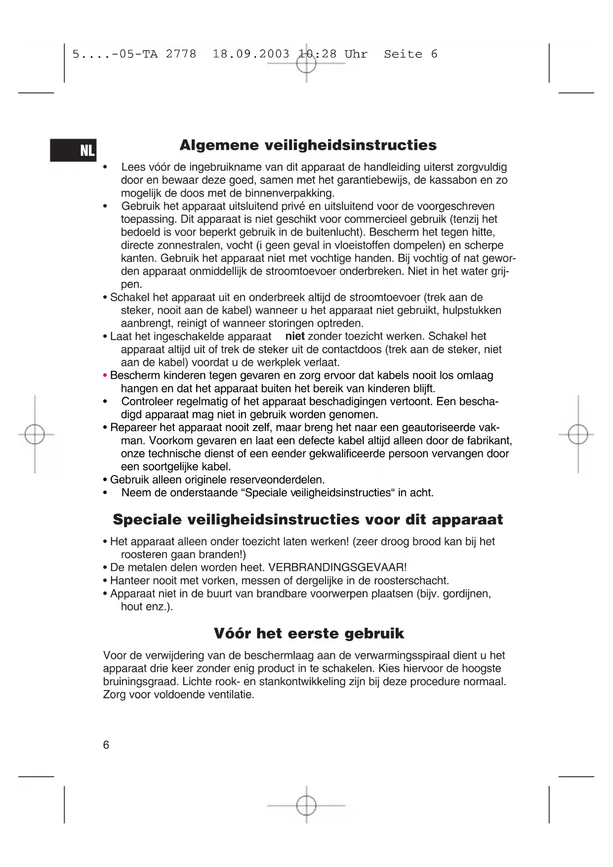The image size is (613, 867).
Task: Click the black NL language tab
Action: click(x=73, y=150)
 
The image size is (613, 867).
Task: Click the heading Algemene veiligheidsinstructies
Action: click(x=308, y=145)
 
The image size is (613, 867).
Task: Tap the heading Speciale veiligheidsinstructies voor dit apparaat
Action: click(x=308, y=520)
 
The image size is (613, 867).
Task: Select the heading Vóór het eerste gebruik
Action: click(x=309, y=633)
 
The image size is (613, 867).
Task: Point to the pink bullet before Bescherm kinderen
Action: click(x=105, y=376)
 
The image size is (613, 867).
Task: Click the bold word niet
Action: click(x=295, y=337)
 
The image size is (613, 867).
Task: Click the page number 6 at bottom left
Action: click(x=106, y=745)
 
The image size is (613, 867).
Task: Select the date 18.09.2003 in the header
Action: click(x=251, y=54)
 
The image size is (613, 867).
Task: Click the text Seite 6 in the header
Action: click(x=410, y=54)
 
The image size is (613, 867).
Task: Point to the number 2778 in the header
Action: click(x=181, y=54)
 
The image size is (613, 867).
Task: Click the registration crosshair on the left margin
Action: click(x=35, y=434)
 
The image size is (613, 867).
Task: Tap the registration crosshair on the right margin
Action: click(x=578, y=434)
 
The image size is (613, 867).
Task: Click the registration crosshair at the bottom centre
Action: click(x=306, y=805)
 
